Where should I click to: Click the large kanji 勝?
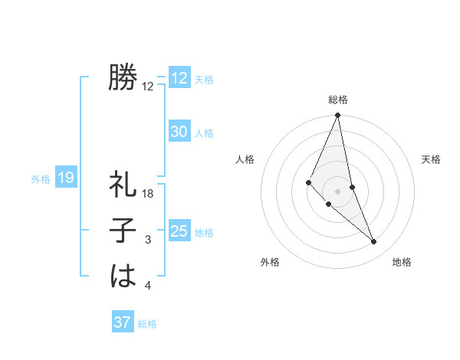[x=123, y=78]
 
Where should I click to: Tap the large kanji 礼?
[x=123, y=186]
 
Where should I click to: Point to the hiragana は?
[x=123, y=275]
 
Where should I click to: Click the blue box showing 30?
[x=179, y=132]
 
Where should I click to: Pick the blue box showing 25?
[x=179, y=231]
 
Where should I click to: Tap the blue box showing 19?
[x=65, y=178]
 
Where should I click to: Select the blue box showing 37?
[x=122, y=322]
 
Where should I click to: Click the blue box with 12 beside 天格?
[x=179, y=78]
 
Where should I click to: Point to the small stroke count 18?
[x=149, y=195]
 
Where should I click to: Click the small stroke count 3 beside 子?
[x=148, y=241]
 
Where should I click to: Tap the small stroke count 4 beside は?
[x=148, y=286]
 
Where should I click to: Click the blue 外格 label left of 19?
[x=41, y=179]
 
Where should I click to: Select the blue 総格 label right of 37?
[x=147, y=324]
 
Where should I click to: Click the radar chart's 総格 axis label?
[x=338, y=100]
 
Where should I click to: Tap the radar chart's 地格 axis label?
[x=402, y=263]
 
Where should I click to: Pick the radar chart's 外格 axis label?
[x=270, y=263]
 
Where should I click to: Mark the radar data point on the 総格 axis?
[x=338, y=116]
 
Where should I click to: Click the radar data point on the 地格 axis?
[x=374, y=241]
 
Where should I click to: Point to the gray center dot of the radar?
[x=338, y=191]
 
